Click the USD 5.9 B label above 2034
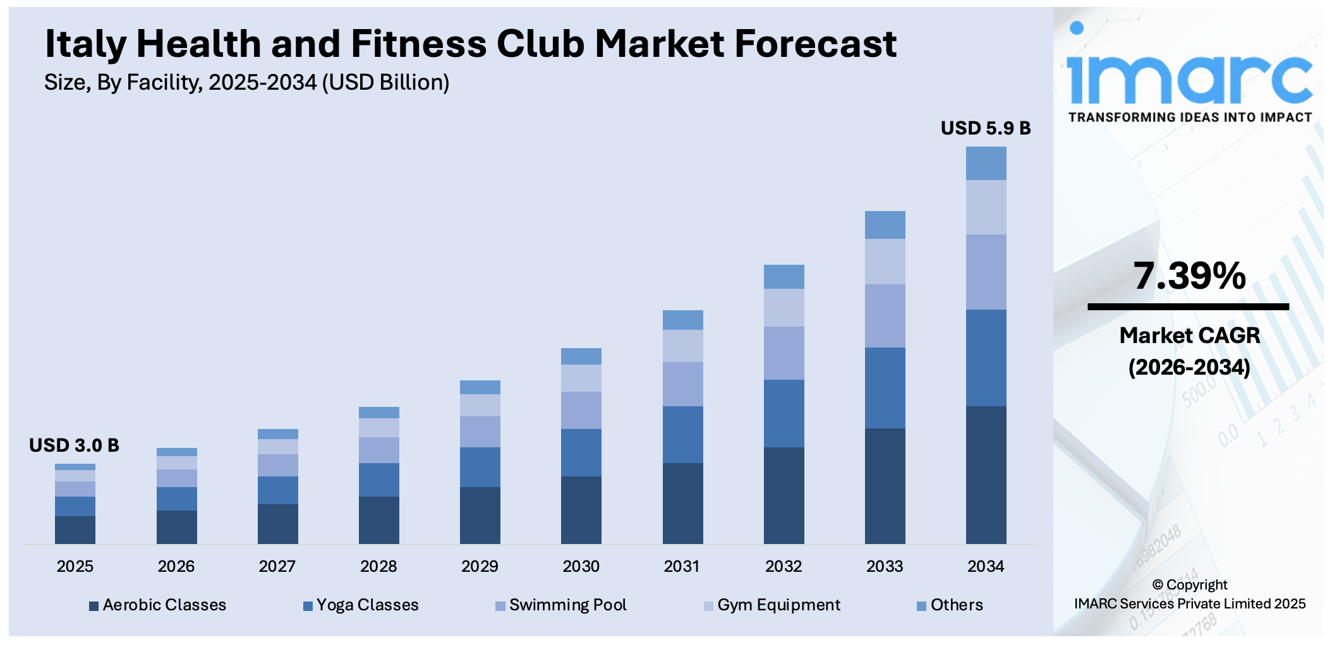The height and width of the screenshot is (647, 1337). tap(985, 128)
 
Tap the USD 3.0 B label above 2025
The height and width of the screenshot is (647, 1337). tap(74, 445)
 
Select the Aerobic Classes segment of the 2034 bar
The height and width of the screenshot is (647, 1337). tap(986, 475)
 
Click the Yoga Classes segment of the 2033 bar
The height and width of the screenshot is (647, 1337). tap(885, 387)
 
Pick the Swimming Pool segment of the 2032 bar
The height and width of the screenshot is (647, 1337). tap(783, 353)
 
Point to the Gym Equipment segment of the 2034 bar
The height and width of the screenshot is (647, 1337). tap(986, 207)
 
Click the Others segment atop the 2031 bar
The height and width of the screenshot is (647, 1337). tap(682, 320)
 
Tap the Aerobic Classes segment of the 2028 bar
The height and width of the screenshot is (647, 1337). tap(378, 519)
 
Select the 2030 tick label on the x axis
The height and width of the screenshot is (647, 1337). tap(581, 566)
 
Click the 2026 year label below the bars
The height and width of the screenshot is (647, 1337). tap(176, 566)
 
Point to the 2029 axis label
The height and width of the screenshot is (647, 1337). tap(480, 566)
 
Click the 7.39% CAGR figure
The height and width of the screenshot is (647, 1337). tap(1189, 276)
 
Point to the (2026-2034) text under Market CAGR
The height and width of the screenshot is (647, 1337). tap(1189, 367)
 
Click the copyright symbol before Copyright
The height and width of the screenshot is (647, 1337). tap(1158, 585)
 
